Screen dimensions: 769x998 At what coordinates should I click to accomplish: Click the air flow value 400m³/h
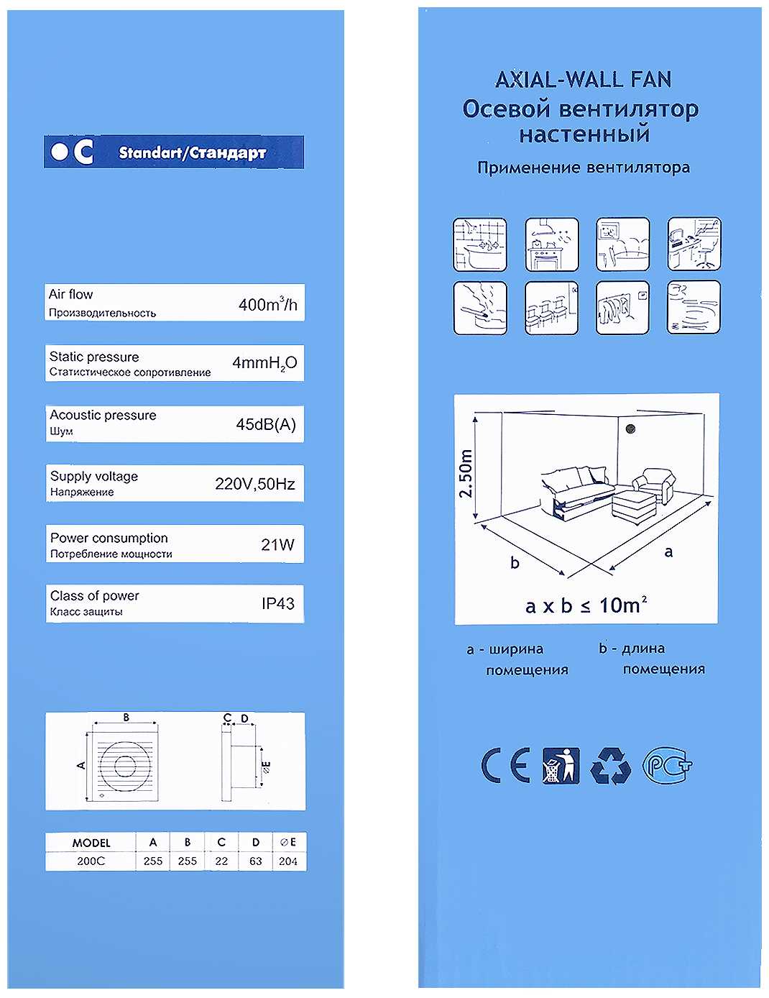point(268,304)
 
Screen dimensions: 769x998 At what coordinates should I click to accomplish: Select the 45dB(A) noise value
point(266,424)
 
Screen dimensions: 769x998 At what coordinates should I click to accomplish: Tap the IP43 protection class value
point(277,603)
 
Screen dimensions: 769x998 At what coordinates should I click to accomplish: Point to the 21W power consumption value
point(277,544)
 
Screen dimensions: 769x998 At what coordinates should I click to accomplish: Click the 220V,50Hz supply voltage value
point(254,484)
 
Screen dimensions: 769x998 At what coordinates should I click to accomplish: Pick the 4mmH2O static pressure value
point(264,363)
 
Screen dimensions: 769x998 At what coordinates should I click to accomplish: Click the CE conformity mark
point(505,765)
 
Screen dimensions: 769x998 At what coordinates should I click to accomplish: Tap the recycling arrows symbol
point(610,766)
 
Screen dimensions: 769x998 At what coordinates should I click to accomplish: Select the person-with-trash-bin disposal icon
point(561,765)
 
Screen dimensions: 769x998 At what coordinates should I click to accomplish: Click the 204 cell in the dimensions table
point(287,861)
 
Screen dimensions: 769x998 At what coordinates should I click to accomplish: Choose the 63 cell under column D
point(256,861)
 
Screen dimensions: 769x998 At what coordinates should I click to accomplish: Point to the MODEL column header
point(91,843)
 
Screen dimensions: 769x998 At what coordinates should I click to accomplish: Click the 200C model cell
point(91,861)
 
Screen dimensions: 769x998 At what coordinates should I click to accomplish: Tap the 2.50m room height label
point(465,473)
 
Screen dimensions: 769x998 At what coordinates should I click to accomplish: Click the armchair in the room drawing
point(653,484)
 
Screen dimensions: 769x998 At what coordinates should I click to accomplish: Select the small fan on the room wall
point(631,429)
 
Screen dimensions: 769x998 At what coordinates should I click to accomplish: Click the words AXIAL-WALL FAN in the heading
point(583,80)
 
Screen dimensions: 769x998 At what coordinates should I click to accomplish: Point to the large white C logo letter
point(83,152)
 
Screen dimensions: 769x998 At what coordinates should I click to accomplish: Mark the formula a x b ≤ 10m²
point(586,605)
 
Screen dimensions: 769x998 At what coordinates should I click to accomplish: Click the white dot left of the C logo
point(59,152)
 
